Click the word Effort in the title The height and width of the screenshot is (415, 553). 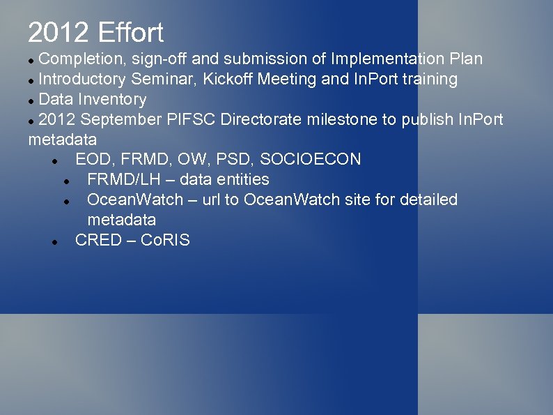pyautogui.click(x=130, y=33)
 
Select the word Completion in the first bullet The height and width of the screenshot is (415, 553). pyautogui.click(x=79, y=59)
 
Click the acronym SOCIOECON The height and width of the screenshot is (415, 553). pyautogui.click(x=311, y=160)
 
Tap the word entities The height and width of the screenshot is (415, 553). pyautogui.click(x=239, y=180)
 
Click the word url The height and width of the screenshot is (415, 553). pyautogui.click(x=211, y=200)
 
